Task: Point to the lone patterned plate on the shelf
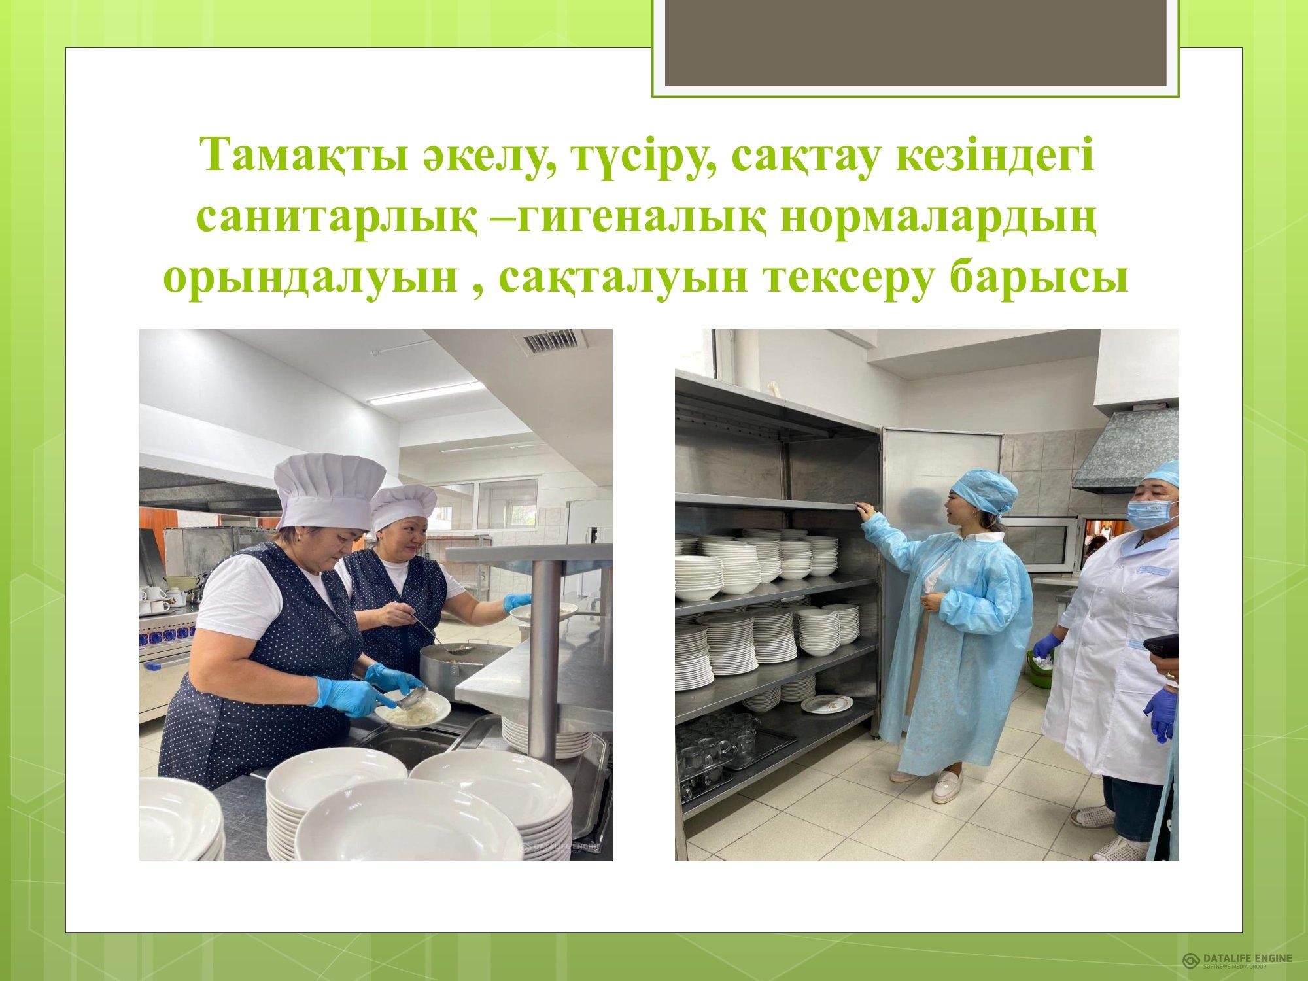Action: (x=827, y=704)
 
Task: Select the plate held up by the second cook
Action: (x=543, y=611)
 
